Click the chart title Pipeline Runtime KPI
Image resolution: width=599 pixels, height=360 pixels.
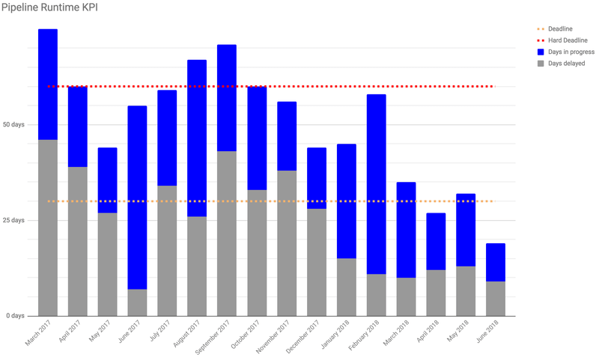pyautogui.click(x=49, y=7)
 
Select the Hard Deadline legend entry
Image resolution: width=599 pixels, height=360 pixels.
pyautogui.click(x=562, y=40)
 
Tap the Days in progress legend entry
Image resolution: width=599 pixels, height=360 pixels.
pyautogui.click(x=566, y=52)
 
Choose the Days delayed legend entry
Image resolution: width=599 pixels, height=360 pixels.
pyautogui.click(x=561, y=64)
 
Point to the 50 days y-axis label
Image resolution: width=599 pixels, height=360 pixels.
pyautogui.click(x=13, y=124)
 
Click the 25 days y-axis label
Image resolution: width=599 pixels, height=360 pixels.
pyautogui.click(x=13, y=220)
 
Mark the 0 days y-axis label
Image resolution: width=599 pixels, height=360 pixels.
pyautogui.click(x=15, y=316)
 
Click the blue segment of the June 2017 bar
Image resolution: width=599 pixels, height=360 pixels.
pyautogui.click(x=137, y=198)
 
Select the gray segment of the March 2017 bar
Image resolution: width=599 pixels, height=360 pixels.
pyautogui.click(x=48, y=228)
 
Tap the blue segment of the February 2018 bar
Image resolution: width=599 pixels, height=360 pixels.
pyautogui.click(x=377, y=184)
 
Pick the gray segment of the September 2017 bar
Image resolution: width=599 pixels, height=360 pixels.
pyautogui.click(x=227, y=234)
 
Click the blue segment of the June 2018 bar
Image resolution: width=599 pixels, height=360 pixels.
pyautogui.click(x=496, y=262)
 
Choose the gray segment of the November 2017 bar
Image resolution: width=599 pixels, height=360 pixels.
pyautogui.click(x=287, y=243)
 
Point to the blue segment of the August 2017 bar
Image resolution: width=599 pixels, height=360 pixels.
pyautogui.click(x=197, y=138)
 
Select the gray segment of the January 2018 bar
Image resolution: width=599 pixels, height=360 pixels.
pyautogui.click(x=347, y=287)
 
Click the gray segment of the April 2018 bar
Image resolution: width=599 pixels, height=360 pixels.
pyautogui.click(x=436, y=293)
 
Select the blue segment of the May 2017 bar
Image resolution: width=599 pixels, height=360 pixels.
pyautogui.click(x=108, y=180)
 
